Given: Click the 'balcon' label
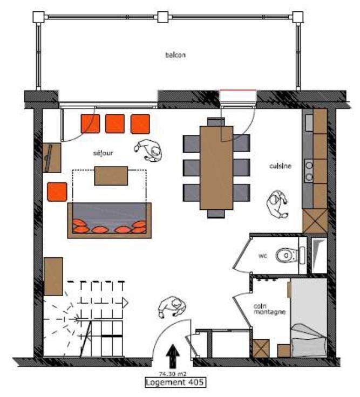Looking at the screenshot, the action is click(175, 54).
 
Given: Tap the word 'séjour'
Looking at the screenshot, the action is click(103, 153).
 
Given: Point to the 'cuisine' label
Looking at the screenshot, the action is click(281, 166).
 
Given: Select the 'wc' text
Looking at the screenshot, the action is click(263, 256).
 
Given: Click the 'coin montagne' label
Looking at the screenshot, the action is click(269, 309).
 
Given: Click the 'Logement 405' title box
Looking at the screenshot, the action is click(175, 382).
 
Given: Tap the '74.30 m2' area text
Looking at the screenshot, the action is click(173, 373).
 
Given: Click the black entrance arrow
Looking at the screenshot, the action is click(173, 356).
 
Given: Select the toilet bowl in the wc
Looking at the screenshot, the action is click(286, 255).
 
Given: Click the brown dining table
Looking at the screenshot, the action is click(216, 168).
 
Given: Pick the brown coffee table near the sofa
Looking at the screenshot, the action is click(111, 176).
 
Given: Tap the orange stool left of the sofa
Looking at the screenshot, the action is click(57, 191).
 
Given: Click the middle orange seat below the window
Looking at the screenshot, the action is click(115, 124).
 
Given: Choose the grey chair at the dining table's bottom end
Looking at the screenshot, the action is click(216, 214).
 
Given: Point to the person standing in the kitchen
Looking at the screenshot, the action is click(277, 204).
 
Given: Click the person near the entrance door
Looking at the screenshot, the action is click(172, 306).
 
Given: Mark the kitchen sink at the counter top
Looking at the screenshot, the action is click(309, 123).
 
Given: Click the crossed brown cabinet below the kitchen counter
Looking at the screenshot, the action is click(315, 221).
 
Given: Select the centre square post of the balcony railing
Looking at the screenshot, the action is click(163, 17).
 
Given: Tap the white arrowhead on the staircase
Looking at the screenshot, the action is click(125, 303).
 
